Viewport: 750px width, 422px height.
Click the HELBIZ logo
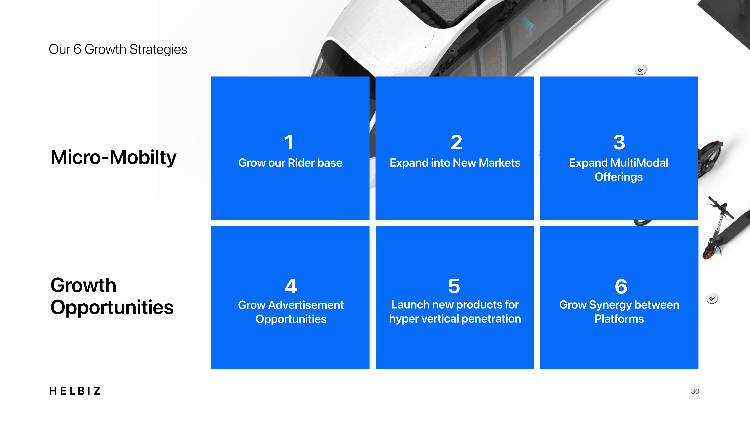(x=75, y=391)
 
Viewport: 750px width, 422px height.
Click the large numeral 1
(x=289, y=142)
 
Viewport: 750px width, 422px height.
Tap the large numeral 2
(x=456, y=142)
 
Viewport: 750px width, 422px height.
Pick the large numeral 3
(x=619, y=142)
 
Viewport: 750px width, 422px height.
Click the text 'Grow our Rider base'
(x=290, y=163)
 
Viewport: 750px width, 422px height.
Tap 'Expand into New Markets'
(x=455, y=163)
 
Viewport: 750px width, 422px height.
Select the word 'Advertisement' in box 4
(x=306, y=305)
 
